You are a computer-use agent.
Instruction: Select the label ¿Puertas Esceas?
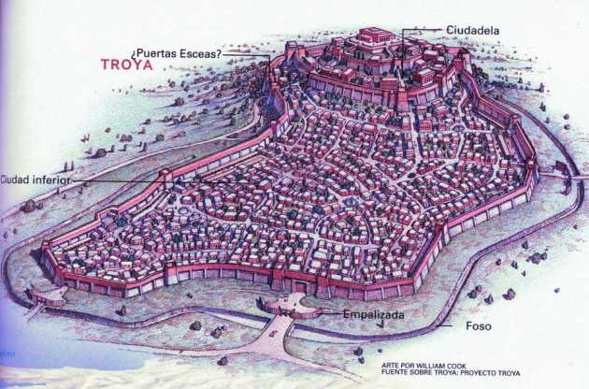[176, 52]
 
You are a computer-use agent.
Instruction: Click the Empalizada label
[373, 315]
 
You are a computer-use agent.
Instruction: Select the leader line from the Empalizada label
[323, 314]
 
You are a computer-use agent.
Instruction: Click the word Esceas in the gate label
[202, 52]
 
